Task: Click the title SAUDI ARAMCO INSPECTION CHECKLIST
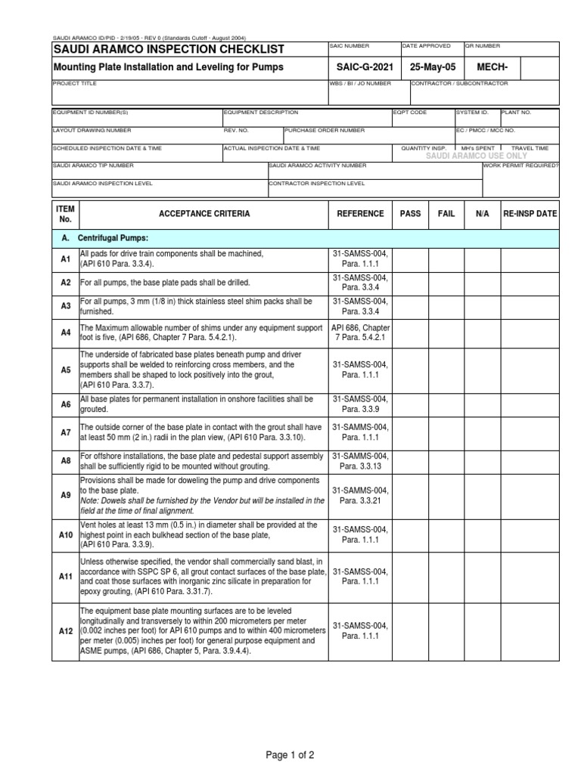(x=169, y=50)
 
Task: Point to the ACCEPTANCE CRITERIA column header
(x=204, y=214)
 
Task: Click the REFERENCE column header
(x=360, y=214)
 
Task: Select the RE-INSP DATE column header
(x=530, y=214)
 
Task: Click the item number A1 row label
(x=65, y=259)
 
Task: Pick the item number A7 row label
(x=65, y=432)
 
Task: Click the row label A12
(x=65, y=630)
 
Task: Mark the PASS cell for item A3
(x=410, y=306)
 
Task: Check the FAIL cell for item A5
(x=446, y=370)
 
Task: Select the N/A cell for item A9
(x=483, y=495)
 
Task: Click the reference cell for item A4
(x=360, y=332)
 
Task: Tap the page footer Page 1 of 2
(x=290, y=754)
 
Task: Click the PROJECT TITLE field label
(x=75, y=84)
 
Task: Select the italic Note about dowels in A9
(x=202, y=504)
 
